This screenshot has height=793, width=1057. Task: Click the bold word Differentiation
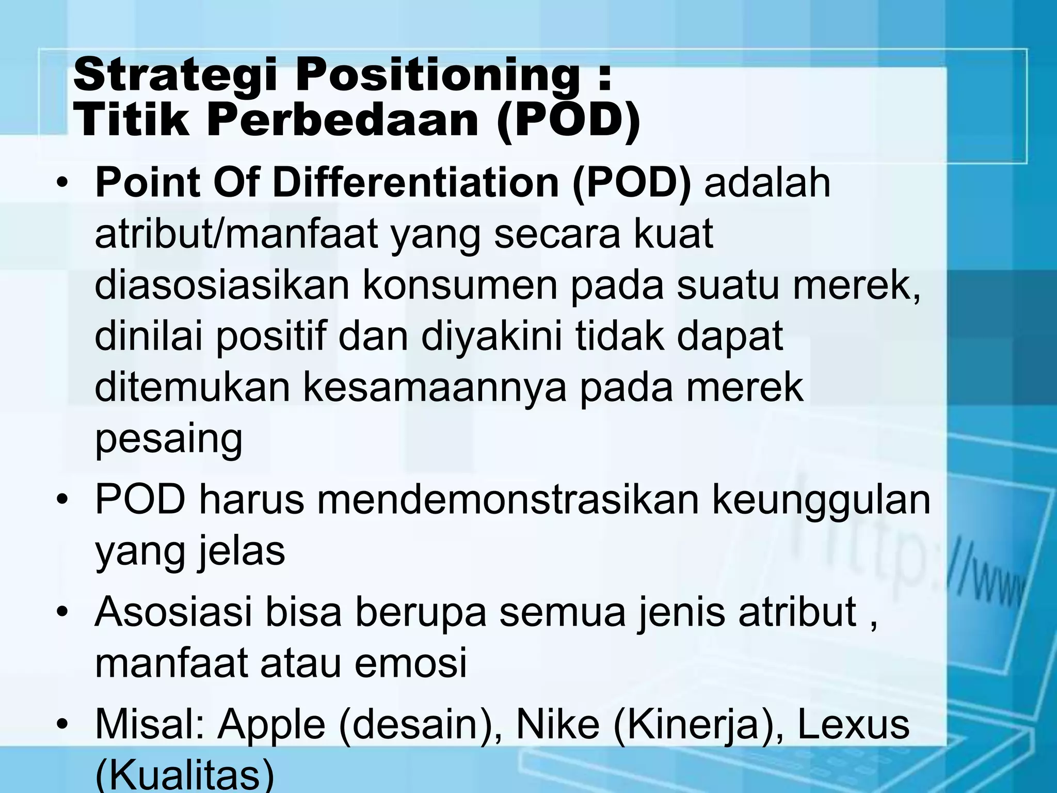click(416, 183)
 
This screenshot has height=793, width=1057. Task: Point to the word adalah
click(767, 183)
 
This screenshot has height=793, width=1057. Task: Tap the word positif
click(271, 336)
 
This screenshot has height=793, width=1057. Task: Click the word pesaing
click(168, 439)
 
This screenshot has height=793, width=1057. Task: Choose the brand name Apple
click(271, 724)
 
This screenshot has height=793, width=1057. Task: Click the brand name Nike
click(558, 724)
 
